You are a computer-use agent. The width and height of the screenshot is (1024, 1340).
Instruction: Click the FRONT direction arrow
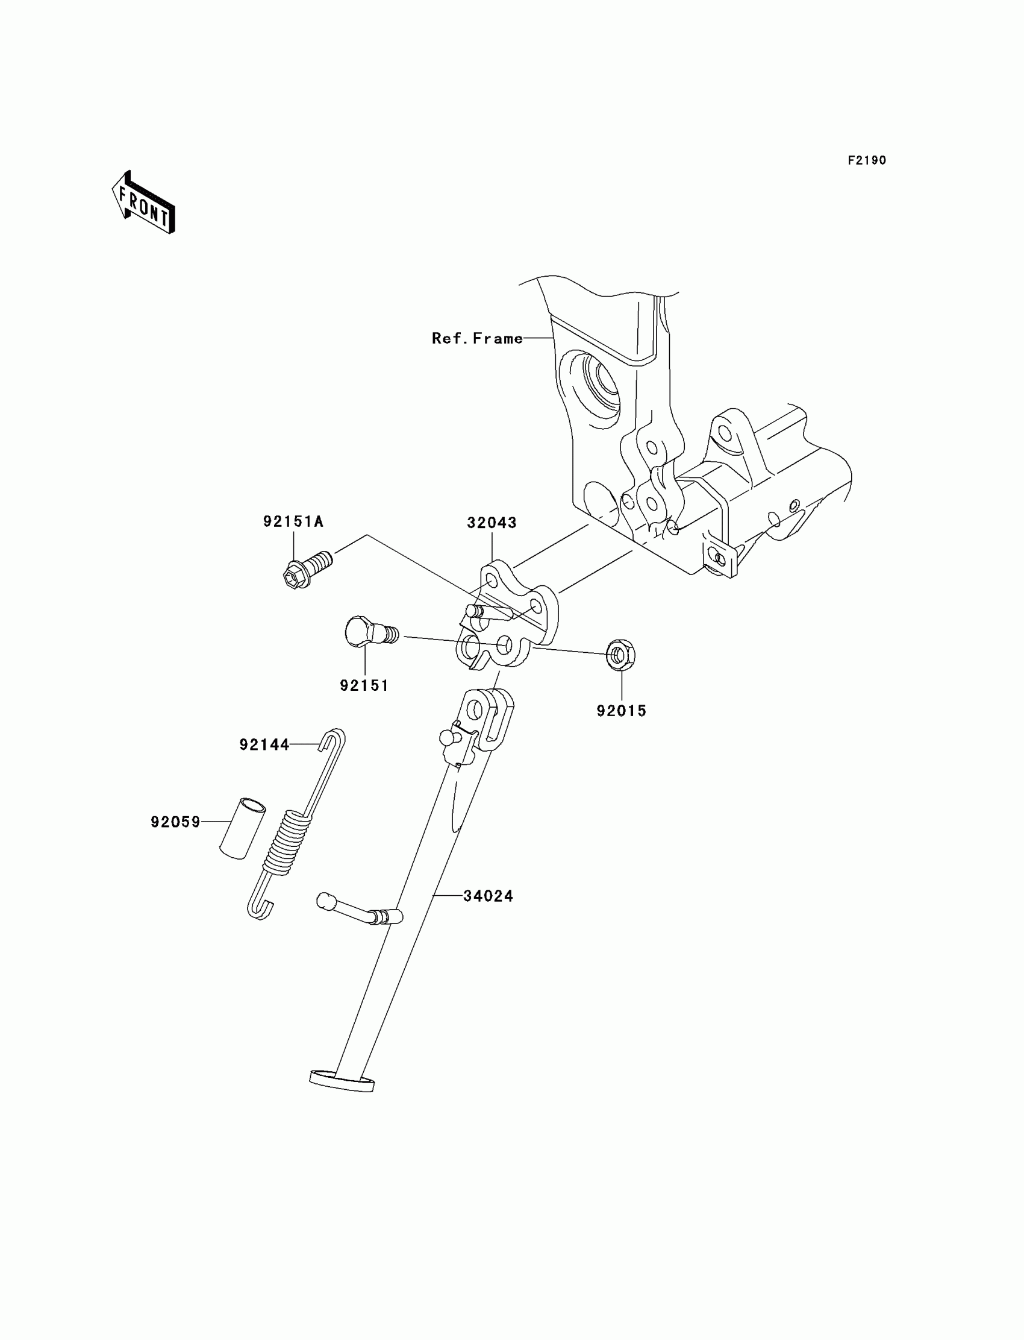point(144,203)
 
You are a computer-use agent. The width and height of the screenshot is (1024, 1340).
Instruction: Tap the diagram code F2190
point(866,160)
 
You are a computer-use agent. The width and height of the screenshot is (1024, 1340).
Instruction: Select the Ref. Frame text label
point(476,339)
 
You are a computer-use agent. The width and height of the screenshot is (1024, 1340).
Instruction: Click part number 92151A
point(293,521)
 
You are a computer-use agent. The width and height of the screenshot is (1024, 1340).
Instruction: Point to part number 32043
point(492,523)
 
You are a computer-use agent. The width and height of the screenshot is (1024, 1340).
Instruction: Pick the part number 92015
point(621,711)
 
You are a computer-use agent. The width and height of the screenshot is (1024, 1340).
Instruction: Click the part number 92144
point(264,744)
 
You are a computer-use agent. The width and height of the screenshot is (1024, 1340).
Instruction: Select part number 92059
point(175,822)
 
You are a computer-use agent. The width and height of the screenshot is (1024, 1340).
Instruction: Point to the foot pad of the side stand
point(342,1080)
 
